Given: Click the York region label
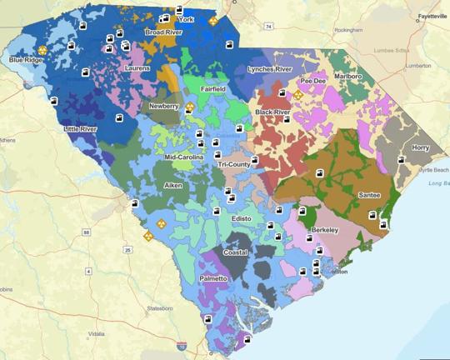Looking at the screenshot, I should pos(185,19).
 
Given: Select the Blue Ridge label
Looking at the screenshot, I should pos(27,60).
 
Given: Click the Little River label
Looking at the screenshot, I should pos(81,129).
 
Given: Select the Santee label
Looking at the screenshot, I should pos(369,194).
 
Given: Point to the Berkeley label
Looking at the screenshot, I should pos(324,227).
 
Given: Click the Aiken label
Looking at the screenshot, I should pos(173,185).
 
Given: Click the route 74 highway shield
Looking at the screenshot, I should pos(269,27).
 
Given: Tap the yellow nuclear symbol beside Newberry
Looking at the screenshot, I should pos(190,107).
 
